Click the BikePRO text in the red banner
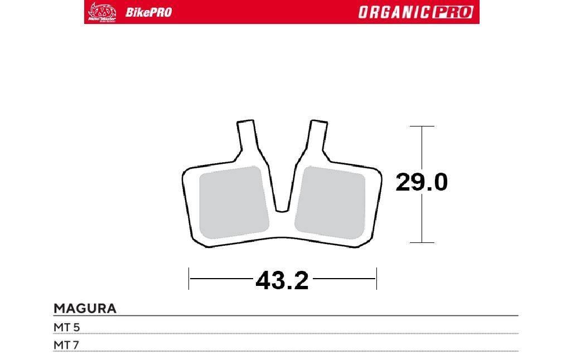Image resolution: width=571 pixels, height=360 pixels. pos(148,12)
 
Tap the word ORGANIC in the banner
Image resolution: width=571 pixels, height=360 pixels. pos(394,12)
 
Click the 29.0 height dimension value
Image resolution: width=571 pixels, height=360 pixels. pos(421,183)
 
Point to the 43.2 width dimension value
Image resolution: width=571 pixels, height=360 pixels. pos(282,280)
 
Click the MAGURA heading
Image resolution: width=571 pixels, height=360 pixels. pos(85,308)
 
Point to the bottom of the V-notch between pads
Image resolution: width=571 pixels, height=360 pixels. pos(282,210)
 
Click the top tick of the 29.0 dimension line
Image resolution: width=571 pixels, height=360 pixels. pos(422,127)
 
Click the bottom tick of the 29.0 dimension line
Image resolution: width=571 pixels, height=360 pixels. pos(422,242)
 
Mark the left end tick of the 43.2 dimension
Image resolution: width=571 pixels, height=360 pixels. pos(189,278)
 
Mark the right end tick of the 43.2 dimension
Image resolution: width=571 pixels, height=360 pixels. pos(376,278)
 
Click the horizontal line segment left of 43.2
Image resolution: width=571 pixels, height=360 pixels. pos(220,278)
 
